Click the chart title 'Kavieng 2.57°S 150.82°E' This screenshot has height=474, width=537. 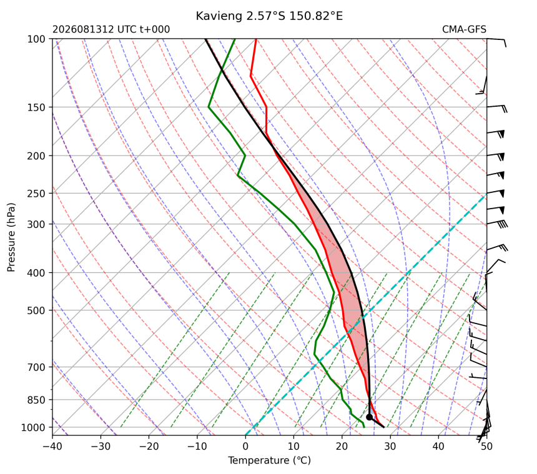point(269,16)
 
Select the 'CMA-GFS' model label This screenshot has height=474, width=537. point(464,29)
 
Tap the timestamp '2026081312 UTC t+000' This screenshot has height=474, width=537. point(111,29)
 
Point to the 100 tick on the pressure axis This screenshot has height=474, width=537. point(36,39)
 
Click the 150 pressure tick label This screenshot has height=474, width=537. point(36,107)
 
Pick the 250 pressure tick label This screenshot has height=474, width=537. point(36,194)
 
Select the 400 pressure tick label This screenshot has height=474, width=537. point(36,273)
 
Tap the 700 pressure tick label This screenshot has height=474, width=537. point(36,367)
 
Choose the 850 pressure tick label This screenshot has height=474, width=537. point(36,400)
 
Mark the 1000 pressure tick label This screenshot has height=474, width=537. point(34,428)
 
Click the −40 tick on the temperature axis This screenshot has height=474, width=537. point(52,447)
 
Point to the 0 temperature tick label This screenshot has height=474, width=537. point(245,447)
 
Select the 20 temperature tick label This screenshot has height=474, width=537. point(342,447)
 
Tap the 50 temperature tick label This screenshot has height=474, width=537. point(486,447)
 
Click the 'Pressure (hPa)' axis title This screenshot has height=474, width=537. point(11,237)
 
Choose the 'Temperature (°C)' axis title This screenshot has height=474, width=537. point(270,460)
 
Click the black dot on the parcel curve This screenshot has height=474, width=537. point(369,417)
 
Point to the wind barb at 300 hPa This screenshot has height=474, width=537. point(497,224)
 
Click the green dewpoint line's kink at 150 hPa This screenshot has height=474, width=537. point(209,107)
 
